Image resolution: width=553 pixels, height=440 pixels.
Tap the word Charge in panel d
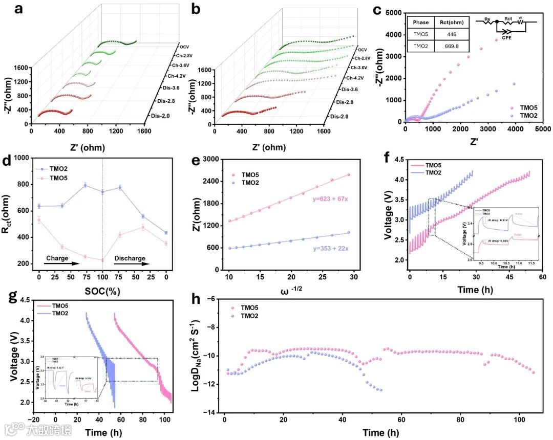[x=57, y=258]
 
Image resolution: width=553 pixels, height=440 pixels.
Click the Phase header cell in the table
[x=421, y=22]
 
